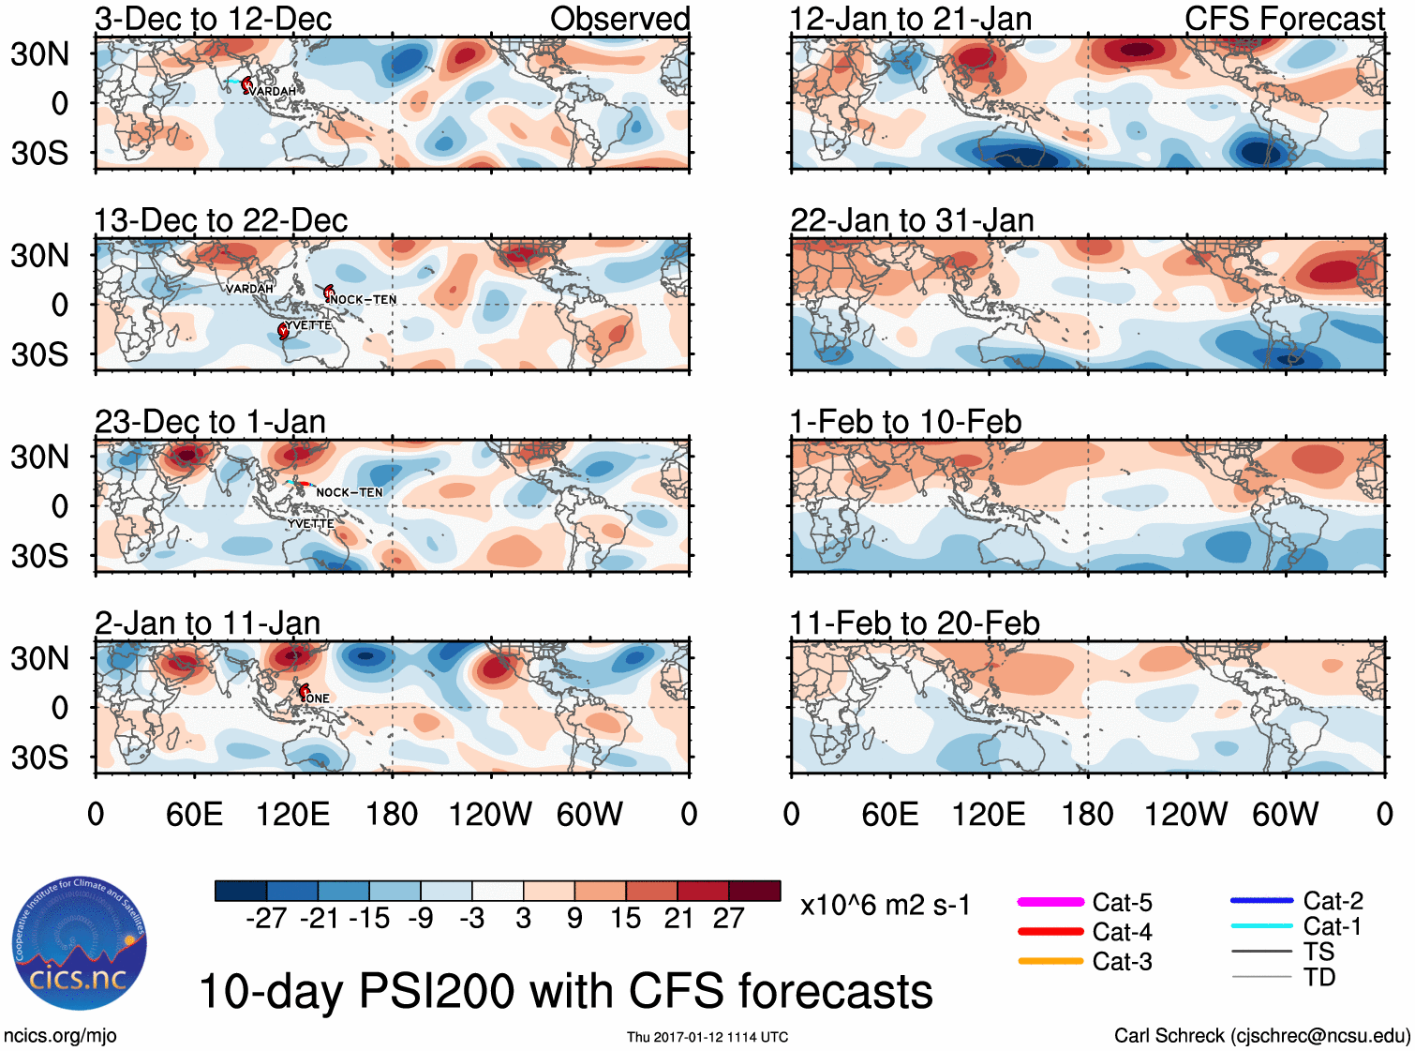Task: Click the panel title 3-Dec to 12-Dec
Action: (x=214, y=19)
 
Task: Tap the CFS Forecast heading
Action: (x=1284, y=19)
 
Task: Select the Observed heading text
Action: (x=619, y=19)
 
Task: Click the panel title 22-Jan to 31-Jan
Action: (x=912, y=220)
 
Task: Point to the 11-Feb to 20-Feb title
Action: (x=915, y=623)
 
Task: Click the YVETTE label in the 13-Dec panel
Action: (x=308, y=325)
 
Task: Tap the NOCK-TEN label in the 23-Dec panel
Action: (x=349, y=492)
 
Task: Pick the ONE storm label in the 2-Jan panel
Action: (x=318, y=698)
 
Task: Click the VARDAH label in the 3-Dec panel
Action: (x=273, y=91)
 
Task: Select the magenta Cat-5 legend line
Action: (x=1050, y=902)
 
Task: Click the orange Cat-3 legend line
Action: (x=1050, y=961)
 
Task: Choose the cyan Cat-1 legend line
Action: (x=1261, y=926)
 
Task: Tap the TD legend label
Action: (x=1319, y=978)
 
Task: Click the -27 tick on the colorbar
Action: (x=266, y=919)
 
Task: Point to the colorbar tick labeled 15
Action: (x=625, y=919)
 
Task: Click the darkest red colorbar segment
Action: (x=754, y=891)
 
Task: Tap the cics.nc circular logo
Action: (x=80, y=944)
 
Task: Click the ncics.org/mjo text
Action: (x=60, y=1035)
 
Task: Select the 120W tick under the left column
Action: (x=490, y=814)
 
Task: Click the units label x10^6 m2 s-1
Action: (x=885, y=906)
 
